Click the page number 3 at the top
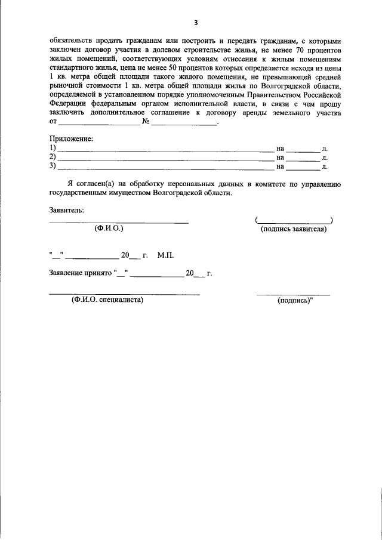point(195,23)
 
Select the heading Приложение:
point(71,139)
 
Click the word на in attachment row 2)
point(280,158)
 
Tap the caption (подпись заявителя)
point(294,229)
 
